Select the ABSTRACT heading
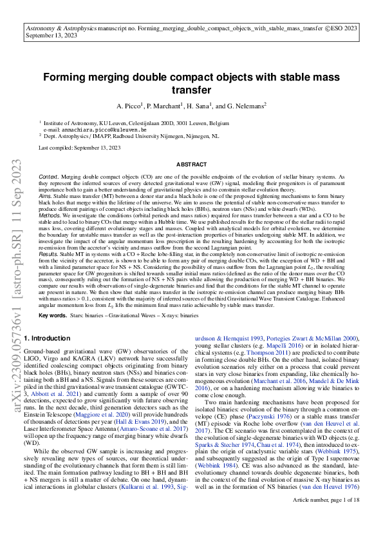191,165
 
